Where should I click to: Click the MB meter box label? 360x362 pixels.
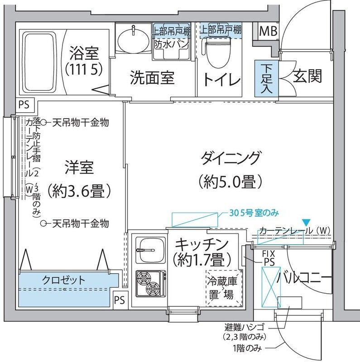coord(268,32)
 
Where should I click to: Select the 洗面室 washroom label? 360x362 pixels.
coord(152,78)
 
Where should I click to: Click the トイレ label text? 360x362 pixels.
coord(221,80)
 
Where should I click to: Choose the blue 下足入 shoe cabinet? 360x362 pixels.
coord(266,78)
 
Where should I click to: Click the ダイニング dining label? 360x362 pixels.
coord(230,159)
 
